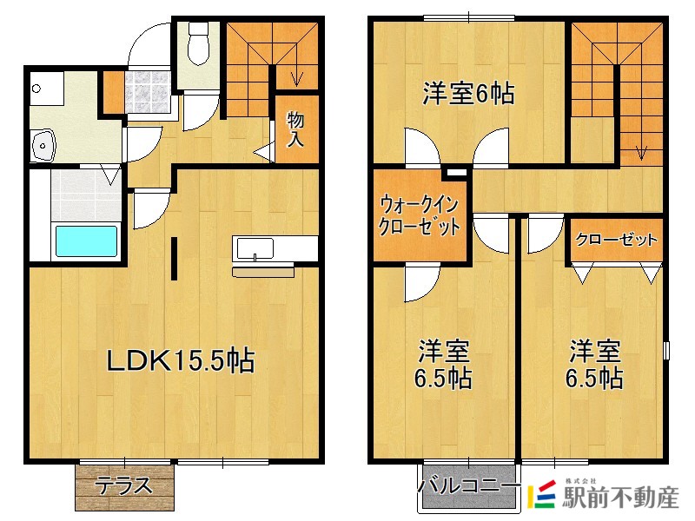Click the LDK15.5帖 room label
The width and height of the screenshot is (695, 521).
click(180, 359)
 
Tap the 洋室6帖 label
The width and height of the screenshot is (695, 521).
click(468, 94)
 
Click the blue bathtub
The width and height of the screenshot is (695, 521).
click(86, 241)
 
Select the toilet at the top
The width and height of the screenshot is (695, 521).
click(199, 43)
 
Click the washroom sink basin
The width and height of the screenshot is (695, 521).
click(42, 146)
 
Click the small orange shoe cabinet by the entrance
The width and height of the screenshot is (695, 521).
click(113, 91)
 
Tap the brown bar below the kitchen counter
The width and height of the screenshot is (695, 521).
click(264, 272)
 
